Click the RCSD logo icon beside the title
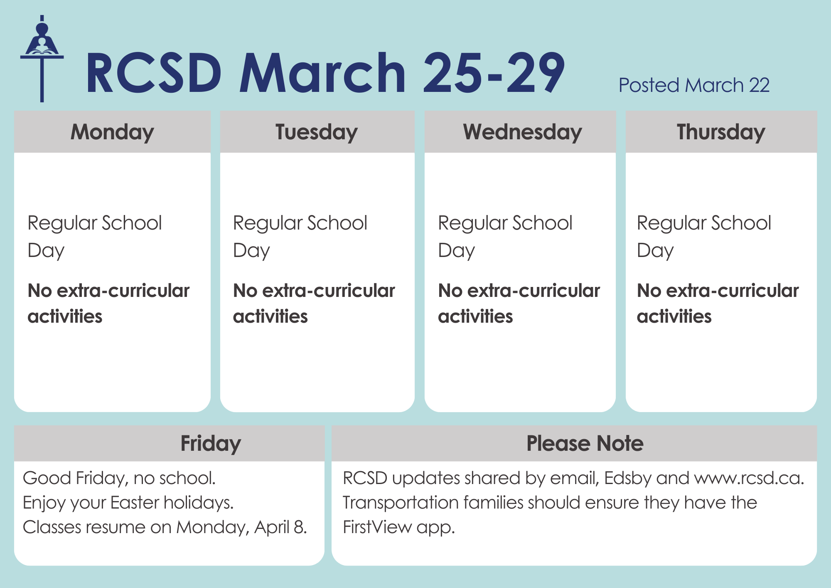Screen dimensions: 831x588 (42, 58)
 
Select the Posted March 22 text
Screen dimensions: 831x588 (694, 85)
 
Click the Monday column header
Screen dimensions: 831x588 (112, 132)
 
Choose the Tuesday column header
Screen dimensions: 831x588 (317, 132)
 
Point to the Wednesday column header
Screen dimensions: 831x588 (522, 132)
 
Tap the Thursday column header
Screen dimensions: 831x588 (721, 132)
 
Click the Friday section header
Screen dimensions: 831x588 (211, 443)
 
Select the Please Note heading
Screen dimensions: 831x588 (585, 443)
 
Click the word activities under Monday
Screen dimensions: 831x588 (65, 316)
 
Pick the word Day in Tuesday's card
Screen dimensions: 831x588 (251, 251)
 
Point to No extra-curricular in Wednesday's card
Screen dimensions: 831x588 (519, 291)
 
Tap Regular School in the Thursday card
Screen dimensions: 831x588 (704, 223)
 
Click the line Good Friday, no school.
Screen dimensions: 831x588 (119, 478)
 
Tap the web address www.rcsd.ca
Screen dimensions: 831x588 (749, 478)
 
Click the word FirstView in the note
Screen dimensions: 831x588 (377, 527)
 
